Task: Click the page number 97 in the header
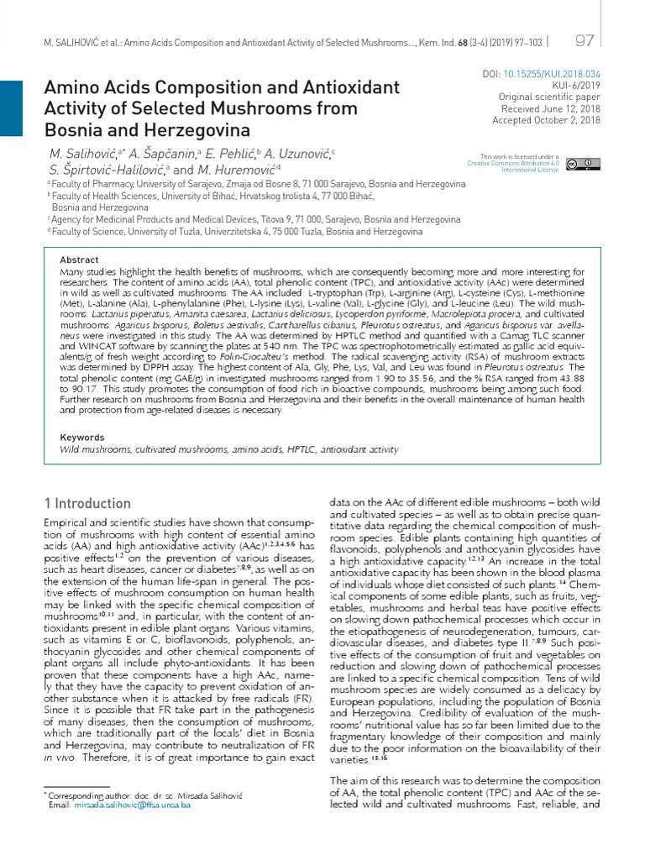point(585,41)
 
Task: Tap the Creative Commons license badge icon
point(583,163)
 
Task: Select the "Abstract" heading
point(80,260)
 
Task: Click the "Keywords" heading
point(82,437)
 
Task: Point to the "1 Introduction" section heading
point(87,503)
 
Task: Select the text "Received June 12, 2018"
point(550,109)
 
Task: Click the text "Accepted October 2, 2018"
point(546,121)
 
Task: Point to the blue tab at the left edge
point(11,109)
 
